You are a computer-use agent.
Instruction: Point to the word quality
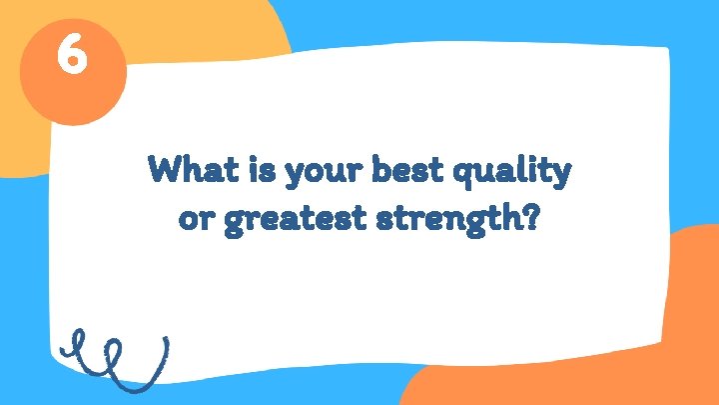512,174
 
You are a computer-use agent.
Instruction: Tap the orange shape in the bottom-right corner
639,340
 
